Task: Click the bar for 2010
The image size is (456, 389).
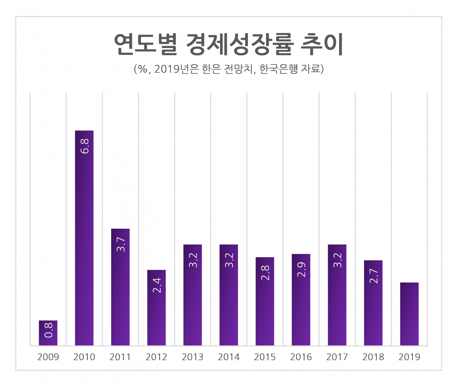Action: pos(84,238)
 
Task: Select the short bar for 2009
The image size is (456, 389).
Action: pos(48,333)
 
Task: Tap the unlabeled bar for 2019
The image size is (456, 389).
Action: pos(409,314)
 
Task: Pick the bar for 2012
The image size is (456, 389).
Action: pos(156,307)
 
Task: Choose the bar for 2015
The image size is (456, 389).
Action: pos(265,301)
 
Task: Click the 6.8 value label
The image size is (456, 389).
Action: pos(84,146)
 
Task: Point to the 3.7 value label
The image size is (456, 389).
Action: pos(121,244)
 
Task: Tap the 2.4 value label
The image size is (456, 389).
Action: pos(157,286)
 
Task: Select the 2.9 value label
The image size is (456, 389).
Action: pos(301,269)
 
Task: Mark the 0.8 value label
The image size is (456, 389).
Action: pos(48,330)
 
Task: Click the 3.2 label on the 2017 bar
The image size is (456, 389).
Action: pos(337,260)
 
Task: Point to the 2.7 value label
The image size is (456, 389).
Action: pos(374,276)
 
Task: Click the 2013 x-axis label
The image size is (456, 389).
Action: pos(193,357)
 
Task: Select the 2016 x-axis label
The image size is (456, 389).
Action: pos(301,357)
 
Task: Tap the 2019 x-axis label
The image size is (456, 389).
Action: pos(409,357)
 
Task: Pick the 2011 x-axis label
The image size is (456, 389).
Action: pos(120,357)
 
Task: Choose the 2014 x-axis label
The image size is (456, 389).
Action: pos(229,357)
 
